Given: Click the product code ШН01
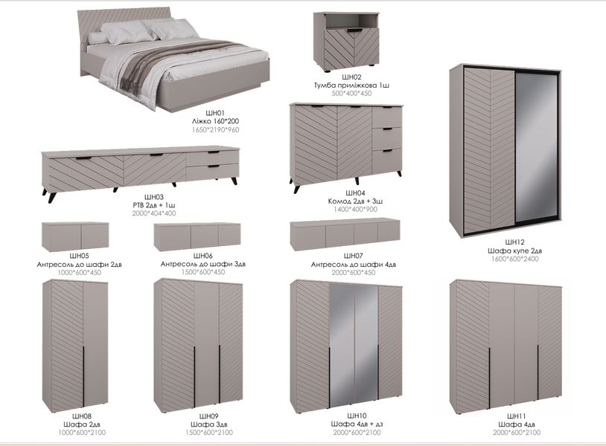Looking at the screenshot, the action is (x=215, y=113).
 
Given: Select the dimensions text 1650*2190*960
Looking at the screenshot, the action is (x=215, y=130).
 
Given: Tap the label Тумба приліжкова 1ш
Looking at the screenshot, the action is (x=351, y=85).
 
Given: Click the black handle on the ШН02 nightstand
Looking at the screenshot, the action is (x=354, y=30).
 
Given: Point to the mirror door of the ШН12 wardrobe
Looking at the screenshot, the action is (x=536, y=149).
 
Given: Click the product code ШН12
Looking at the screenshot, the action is (x=514, y=242).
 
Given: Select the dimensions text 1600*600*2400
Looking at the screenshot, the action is (x=514, y=259).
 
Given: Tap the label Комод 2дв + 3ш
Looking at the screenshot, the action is (x=355, y=201).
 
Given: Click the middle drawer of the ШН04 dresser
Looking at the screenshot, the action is (x=387, y=138).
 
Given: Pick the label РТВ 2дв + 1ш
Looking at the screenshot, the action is (x=154, y=205).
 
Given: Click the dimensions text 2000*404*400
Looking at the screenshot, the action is (x=154, y=213).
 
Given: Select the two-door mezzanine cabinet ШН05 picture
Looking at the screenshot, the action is (x=75, y=236).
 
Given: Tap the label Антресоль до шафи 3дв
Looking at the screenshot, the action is (x=203, y=264).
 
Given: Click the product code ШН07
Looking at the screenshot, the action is (x=353, y=256).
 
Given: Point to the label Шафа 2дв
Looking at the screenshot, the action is (x=82, y=424).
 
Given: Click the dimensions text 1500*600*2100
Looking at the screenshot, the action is (x=209, y=433).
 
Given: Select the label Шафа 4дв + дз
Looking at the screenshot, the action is (x=357, y=424).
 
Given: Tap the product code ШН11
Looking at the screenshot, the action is (x=517, y=416).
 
